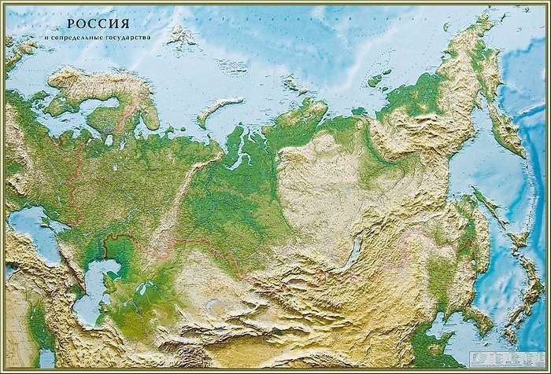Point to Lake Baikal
(x=352, y=254)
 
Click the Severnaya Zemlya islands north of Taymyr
(x=294, y=83)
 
